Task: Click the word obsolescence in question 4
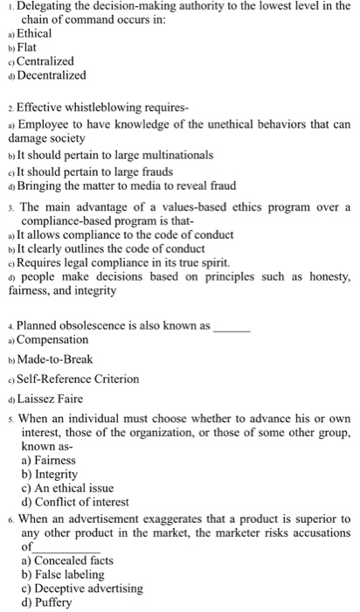pyautogui.click(x=106, y=324)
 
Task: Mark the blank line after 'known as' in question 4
pyautogui.click(x=232, y=325)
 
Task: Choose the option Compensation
pyautogui.click(x=52, y=339)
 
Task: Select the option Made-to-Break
pyautogui.click(x=55, y=358)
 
